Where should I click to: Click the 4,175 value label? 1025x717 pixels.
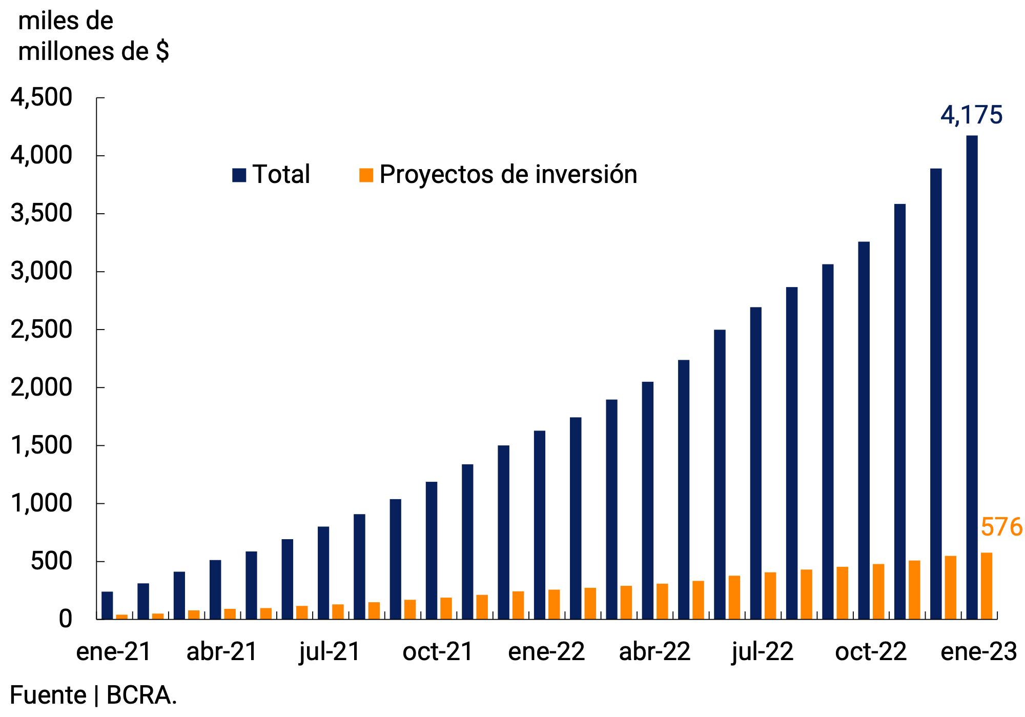coord(971,115)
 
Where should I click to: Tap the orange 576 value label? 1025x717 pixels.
coord(1001,527)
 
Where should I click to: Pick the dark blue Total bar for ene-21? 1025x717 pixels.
coord(107,605)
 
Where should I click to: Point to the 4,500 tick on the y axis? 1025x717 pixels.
coord(42,97)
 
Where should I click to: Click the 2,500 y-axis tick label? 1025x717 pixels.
coord(42,330)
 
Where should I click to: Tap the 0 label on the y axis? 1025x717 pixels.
coord(65,619)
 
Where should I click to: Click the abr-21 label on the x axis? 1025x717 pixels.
coord(222,652)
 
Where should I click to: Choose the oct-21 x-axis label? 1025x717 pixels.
coord(438,652)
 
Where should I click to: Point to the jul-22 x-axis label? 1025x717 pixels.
coord(762,652)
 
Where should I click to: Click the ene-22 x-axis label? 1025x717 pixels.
coord(546,652)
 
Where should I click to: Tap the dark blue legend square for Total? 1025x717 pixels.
coord(239,175)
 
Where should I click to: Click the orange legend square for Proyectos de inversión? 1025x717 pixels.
coord(366,175)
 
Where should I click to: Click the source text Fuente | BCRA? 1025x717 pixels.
coord(93,695)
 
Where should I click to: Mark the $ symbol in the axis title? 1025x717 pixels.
coord(162,51)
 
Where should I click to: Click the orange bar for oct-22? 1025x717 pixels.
coord(878,591)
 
